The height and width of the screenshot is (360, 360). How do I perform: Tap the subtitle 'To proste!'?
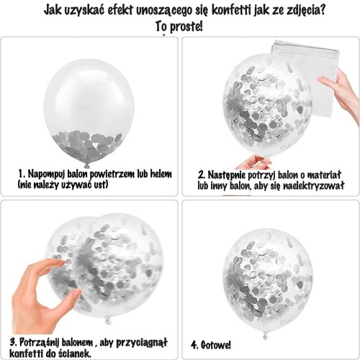click(179, 27)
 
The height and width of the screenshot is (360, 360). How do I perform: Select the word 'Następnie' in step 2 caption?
click(230, 174)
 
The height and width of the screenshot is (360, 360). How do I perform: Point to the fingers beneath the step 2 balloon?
click(255, 162)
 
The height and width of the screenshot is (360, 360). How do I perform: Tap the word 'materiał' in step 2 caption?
click(324, 174)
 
